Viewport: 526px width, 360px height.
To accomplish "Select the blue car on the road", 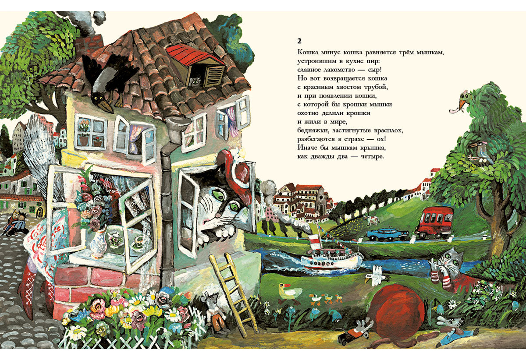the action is click(387, 234).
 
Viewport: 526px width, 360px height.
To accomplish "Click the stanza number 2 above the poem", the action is click(299, 41).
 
